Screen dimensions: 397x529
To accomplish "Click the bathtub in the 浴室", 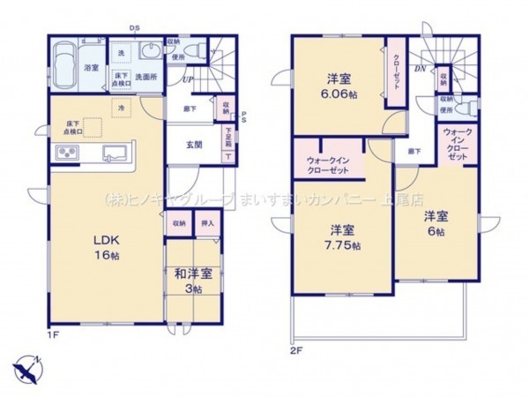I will pos(63,64).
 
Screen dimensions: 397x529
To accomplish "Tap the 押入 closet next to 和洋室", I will pos(208,224).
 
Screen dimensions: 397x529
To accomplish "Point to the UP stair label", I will pos(187,80).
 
